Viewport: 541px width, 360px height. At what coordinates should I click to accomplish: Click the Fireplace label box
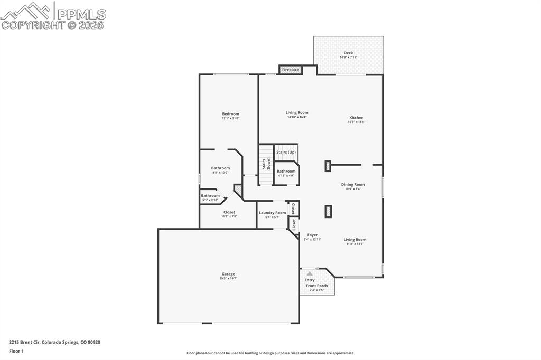(x=291, y=70)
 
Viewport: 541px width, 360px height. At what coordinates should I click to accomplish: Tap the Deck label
(x=348, y=53)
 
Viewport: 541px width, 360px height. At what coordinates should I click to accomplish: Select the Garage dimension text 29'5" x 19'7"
(x=228, y=278)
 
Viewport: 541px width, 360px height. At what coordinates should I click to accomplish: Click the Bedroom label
(x=230, y=114)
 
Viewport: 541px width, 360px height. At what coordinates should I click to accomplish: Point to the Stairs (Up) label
(x=286, y=152)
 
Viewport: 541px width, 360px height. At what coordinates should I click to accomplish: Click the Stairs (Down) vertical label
(x=266, y=165)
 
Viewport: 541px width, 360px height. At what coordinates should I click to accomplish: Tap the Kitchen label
(x=356, y=118)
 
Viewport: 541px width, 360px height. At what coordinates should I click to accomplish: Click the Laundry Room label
(x=272, y=213)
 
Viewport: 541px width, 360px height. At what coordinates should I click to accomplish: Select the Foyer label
(x=312, y=235)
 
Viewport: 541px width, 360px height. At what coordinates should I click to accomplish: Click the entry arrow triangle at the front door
(x=310, y=274)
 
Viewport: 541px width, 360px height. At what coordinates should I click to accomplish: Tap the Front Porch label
(x=316, y=286)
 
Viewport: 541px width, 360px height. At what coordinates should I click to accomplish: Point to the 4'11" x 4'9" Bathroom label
(x=286, y=171)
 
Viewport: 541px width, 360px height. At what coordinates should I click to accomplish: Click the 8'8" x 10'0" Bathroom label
(x=220, y=168)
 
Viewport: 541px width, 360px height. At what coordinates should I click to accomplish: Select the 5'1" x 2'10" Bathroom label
(x=210, y=196)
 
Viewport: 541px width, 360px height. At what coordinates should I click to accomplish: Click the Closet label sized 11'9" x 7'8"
(x=229, y=212)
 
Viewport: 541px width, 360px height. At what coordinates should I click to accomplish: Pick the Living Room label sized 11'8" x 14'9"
(x=355, y=240)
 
